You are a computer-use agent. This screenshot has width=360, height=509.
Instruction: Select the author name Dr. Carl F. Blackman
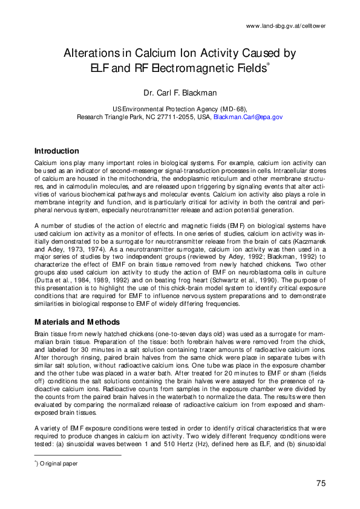[x=180, y=94]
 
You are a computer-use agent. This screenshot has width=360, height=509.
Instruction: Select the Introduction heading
[x=56, y=151]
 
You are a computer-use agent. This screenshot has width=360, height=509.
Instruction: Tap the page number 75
[x=321, y=482]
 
